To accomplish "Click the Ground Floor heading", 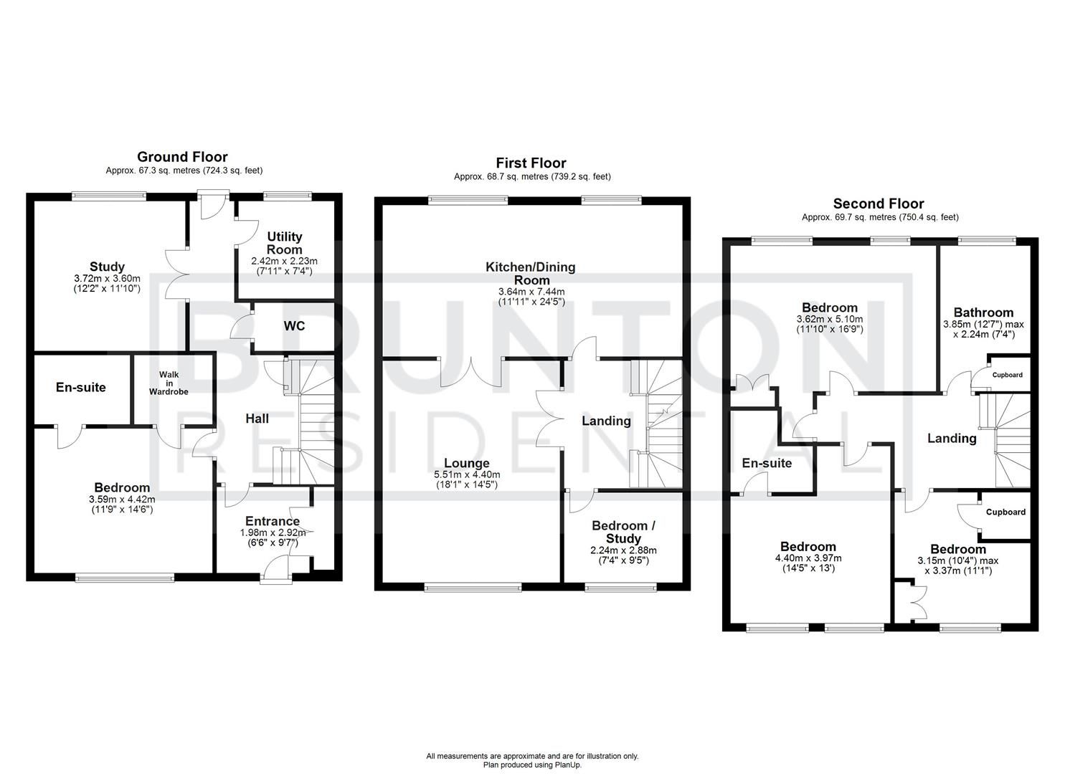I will pos(182,157).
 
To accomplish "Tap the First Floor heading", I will pos(531,163).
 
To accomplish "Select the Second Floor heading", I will pos(879,204).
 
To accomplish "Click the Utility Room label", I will pos(284,242).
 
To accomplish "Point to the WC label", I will pos(294,326).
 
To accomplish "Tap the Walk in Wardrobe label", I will pos(169,383).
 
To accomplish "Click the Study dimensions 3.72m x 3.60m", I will pos(107,278).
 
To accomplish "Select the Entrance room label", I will pos(273,521).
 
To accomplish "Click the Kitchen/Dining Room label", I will pos(531,273).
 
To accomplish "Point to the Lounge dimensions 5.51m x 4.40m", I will pos(466,474).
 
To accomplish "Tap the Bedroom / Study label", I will pos(623,532).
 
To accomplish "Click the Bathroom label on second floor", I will pos(983,312).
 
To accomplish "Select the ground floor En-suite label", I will pos(81,388).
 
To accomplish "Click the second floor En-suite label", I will pos(767,463).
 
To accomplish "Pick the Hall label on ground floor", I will pos(257,418).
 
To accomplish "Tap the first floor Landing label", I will pos(606,421).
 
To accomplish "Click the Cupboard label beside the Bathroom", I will pos(1007,375).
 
